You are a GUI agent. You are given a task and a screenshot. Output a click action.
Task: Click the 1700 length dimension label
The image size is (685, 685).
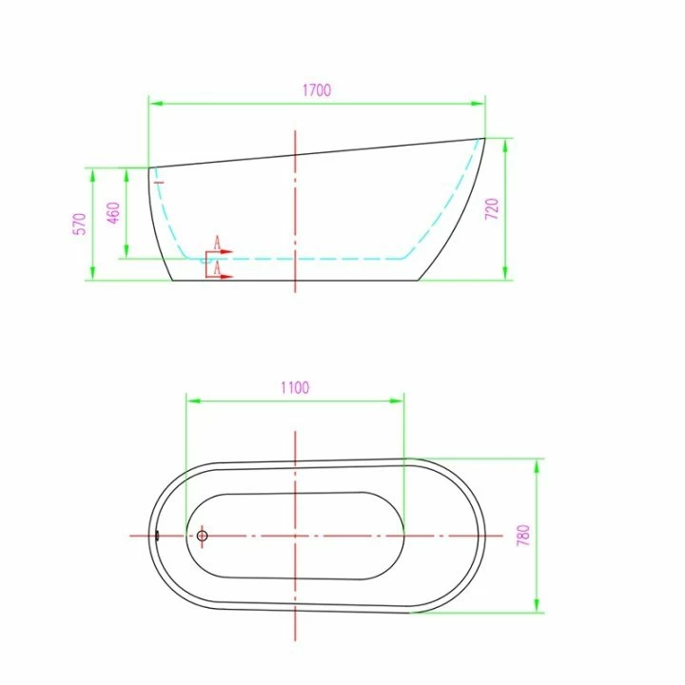tap(317, 90)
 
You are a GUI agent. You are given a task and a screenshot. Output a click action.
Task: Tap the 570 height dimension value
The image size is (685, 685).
tap(80, 225)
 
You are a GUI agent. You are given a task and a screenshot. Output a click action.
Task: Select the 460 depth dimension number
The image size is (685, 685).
tap(113, 213)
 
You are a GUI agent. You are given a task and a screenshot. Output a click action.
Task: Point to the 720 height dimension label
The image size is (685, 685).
tap(492, 208)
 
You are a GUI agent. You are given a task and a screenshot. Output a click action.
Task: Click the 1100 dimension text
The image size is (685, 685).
tap(295, 387)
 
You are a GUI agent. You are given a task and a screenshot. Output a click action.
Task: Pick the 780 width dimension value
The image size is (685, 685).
tap(523, 535)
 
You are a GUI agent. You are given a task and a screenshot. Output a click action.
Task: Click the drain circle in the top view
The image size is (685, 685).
tap(202, 536)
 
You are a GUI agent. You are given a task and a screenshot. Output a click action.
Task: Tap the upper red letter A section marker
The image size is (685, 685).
tap(217, 243)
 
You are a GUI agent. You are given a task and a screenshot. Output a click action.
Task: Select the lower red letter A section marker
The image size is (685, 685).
tap(217, 268)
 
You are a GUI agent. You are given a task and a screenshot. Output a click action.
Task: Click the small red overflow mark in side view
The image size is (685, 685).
tap(159, 182)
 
